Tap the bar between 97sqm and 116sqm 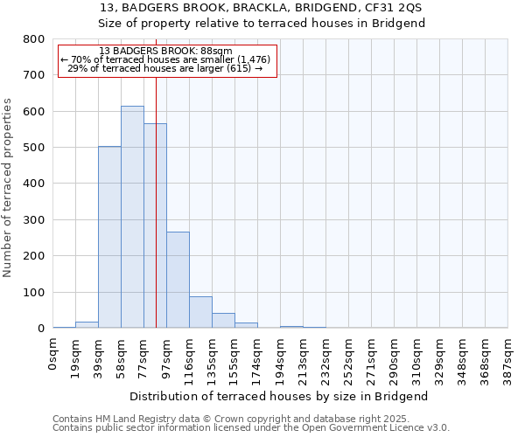178,280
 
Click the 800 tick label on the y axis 33,39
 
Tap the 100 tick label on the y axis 33,292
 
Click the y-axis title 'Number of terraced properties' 8,187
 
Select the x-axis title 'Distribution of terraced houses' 280,396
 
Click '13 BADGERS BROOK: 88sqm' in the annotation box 166,52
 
